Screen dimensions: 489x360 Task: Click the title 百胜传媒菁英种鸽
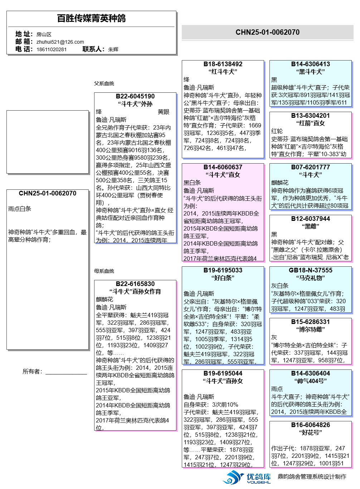(x=91, y=18)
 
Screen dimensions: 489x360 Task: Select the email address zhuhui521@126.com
(x=60, y=42)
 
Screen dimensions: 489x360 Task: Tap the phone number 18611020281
(x=52, y=49)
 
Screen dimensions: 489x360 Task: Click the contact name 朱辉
(x=113, y=49)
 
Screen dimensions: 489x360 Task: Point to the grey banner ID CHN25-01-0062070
(x=267, y=32)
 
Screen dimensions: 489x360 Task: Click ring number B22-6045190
(x=135, y=96)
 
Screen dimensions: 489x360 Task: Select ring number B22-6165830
(x=135, y=284)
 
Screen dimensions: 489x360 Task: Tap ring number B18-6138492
(x=223, y=64)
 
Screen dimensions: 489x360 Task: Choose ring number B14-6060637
(x=223, y=167)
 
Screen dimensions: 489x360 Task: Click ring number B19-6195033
(x=223, y=270)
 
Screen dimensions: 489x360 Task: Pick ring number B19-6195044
(x=223, y=373)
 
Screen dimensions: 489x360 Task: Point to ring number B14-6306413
(x=311, y=64)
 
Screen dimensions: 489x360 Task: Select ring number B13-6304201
(x=311, y=116)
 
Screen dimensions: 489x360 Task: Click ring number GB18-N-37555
(x=311, y=270)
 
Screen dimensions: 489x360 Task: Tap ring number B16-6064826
(x=311, y=425)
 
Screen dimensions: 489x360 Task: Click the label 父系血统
(x=104, y=83)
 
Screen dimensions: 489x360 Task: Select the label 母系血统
(x=104, y=271)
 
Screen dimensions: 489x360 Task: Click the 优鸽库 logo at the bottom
(x=247, y=477)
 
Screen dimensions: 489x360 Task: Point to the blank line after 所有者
(x=66, y=372)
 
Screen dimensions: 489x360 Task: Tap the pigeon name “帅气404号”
(x=311, y=381)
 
